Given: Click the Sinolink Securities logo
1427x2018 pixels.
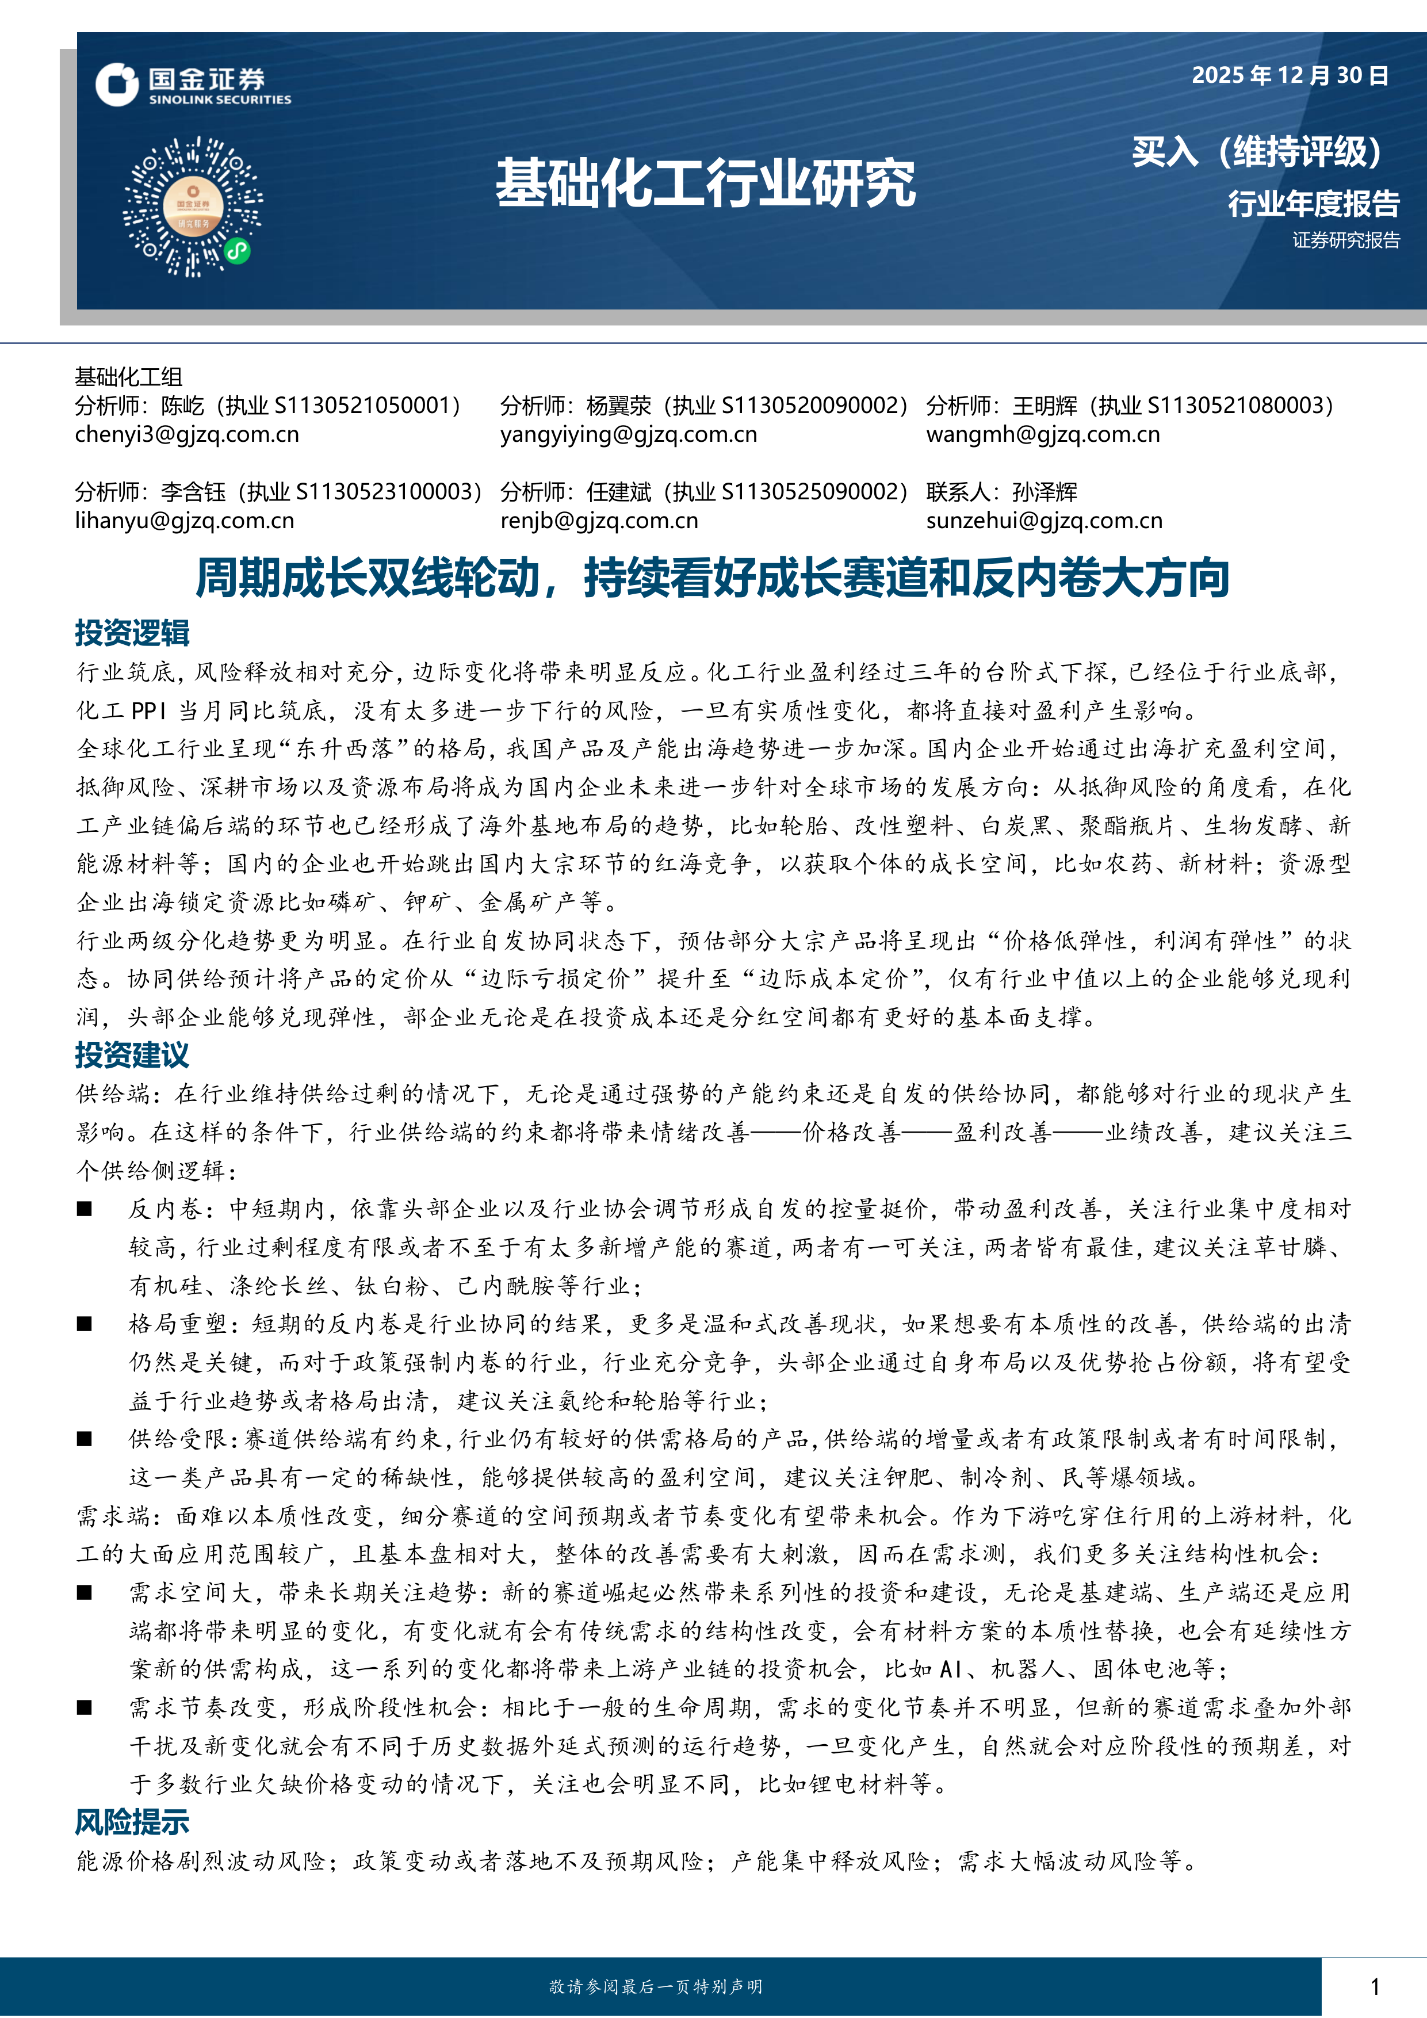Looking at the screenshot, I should click(x=193, y=85).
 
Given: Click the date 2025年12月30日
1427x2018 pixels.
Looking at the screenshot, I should click(x=1289, y=75).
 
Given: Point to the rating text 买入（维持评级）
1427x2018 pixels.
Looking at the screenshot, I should click(x=1257, y=152).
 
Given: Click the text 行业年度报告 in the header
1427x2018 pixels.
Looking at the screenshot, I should click(x=1313, y=204).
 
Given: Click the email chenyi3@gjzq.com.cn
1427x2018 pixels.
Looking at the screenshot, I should click(x=186, y=434).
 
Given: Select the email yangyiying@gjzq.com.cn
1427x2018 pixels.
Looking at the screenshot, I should click(x=628, y=434).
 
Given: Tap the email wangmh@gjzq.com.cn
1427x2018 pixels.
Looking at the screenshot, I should click(x=1042, y=434).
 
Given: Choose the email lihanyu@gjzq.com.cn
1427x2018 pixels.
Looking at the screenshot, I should click(x=185, y=521).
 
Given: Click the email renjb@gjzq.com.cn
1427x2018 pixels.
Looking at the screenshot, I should click(x=599, y=521).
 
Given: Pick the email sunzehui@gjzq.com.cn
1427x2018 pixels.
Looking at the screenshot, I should click(x=1044, y=521).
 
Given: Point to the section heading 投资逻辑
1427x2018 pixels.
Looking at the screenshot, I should click(x=132, y=633).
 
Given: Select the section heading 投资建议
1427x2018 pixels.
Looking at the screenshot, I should click(x=132, y=1054).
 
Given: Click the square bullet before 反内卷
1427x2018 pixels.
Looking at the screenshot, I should click(x=85, y=1209).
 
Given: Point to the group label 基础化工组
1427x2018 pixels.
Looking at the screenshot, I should click(x=128, y=377).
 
